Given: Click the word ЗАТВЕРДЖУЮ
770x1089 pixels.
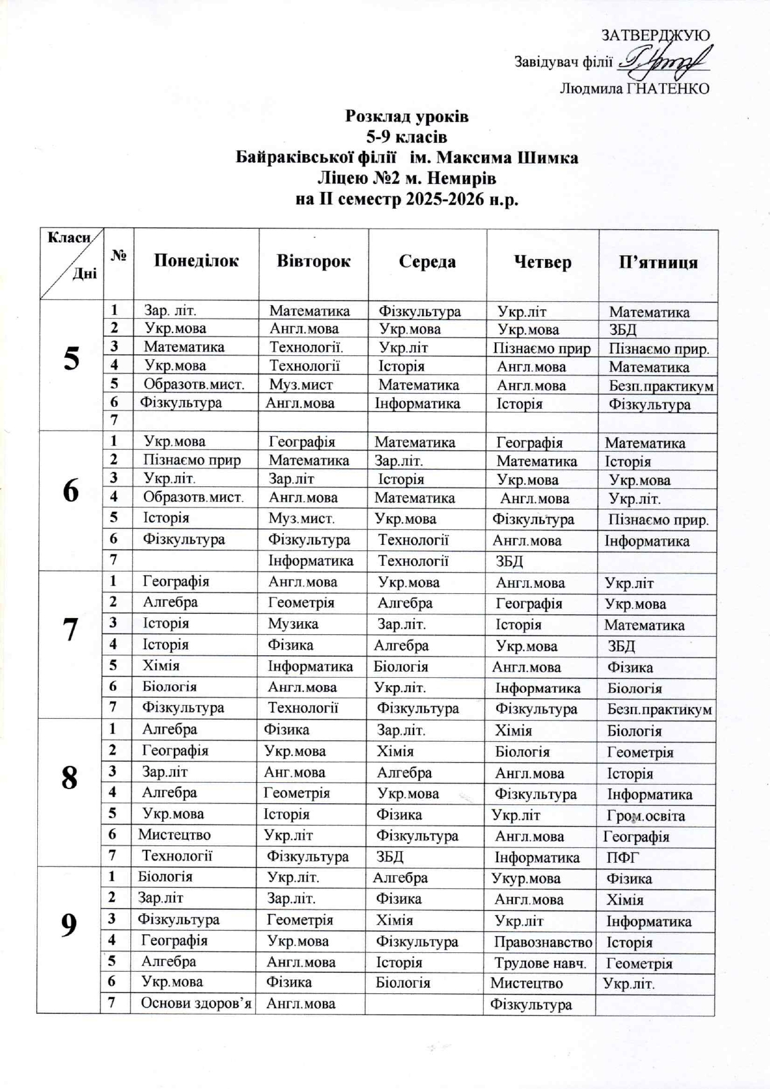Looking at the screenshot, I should click(x=656, y=35).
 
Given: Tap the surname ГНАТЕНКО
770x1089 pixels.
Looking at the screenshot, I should click(x=668, y=89).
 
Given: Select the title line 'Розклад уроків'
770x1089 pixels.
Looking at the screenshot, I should click(x=407, y=116).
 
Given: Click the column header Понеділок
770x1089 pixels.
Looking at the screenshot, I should click(x=196, y=260).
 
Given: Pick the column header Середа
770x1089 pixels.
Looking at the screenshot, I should click(x=427, y=262).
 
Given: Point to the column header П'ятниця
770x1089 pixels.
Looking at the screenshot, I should click(x=658, y=262).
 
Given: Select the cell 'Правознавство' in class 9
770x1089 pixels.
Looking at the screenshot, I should click(x=543, y=942).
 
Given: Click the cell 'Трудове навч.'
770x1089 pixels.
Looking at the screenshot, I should click(x=540, y=963).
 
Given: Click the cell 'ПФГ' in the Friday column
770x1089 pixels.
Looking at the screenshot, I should click(x=623, y=858).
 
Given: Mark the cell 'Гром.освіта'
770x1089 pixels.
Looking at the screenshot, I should click(x=645, y=816).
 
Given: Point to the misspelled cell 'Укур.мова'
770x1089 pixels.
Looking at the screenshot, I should click(x=525, y=878).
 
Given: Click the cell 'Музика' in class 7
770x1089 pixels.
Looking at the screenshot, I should click(x=293, y=624).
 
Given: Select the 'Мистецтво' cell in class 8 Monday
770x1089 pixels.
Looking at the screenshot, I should click(x=174, y=835).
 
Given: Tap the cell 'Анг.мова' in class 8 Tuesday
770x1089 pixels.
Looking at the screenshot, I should click(x=294, y=772).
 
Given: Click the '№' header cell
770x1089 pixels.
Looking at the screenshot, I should click(x=118, y=255).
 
